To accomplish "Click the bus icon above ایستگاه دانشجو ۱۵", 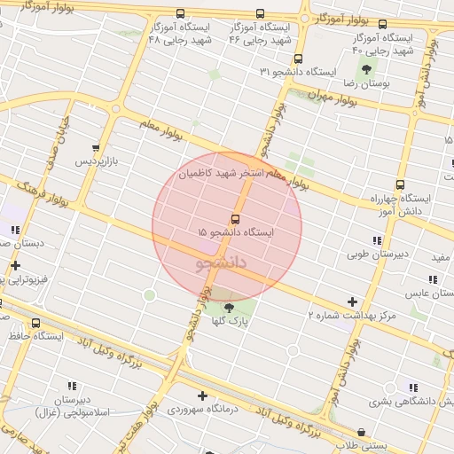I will pos(235,218).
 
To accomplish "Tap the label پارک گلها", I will pos(230,321).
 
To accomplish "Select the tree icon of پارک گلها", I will pos(230,308).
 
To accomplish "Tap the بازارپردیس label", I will pos(95,162).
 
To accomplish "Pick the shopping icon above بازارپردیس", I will pos(96,149).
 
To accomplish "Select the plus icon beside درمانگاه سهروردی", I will pos(202,395).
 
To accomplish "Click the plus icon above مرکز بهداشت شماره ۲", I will pos(353,301).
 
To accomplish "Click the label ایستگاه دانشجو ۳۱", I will pos(299,71).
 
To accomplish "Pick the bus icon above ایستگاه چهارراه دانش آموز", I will pos(400,185).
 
